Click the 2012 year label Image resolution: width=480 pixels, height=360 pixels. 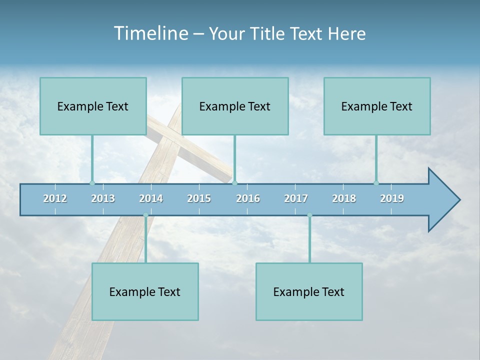(55, 198)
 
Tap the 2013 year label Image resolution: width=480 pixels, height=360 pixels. (103, 198)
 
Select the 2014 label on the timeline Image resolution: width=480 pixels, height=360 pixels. (151, 198)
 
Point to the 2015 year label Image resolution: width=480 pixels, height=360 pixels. (199, 198)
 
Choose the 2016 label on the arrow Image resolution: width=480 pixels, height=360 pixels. (248, 198)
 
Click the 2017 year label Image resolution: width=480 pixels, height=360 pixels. (296, 198)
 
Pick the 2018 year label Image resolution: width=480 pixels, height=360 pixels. (344, 198)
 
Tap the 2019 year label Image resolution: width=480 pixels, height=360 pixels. (392, 198)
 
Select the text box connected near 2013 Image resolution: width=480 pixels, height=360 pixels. (93, 106)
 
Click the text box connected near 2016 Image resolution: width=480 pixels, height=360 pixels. (235, 106)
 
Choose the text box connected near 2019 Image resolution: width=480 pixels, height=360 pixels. (377, 106)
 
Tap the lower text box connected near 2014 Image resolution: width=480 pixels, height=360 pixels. (145, 291)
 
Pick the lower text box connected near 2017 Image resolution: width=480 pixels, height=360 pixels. (309, 291)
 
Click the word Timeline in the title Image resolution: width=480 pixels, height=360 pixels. (150, 33)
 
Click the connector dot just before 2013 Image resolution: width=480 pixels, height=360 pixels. (92, 183)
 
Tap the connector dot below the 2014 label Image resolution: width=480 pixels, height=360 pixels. (145, 215)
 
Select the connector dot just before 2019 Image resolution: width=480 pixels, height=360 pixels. (376, 183)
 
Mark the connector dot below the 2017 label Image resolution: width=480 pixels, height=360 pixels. (309, 215)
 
